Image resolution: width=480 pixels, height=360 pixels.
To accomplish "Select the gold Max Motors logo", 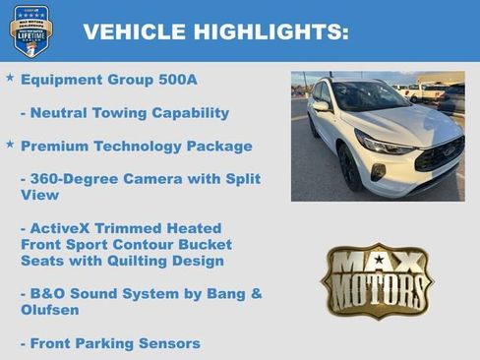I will click(377, 281).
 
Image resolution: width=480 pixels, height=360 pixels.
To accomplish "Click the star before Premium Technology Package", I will click(10, 145).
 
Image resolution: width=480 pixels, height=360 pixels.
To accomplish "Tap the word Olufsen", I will click(51, 310).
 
